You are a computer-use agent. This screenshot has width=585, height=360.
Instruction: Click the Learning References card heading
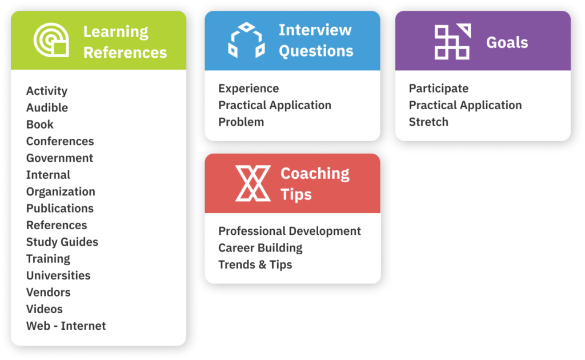(125, 42)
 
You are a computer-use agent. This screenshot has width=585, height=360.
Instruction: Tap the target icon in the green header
(51, 40)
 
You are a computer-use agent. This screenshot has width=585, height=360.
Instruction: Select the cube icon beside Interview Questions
(247, 41)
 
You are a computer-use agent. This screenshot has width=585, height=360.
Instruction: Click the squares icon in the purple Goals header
(452, 41)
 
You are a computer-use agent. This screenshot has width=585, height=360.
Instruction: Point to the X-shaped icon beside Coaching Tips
(253, 183)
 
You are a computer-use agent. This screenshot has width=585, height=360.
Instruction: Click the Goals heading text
(507, 42)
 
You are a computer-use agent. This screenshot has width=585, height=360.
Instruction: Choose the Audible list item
(47, 107)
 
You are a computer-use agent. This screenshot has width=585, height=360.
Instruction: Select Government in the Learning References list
(59, 158)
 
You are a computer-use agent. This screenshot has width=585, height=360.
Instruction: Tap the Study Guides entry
(62, 242)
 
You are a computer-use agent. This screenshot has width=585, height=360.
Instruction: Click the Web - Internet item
(66, 326)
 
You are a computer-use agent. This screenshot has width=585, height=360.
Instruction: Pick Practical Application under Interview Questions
(275, 105)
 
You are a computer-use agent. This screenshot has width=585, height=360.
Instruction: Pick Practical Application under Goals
(465, 105)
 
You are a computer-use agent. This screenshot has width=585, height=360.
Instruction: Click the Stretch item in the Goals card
(428, 122)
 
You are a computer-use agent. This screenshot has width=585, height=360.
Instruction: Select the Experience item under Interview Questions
(249, 89)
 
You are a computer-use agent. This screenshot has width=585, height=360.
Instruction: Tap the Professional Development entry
(290, 231)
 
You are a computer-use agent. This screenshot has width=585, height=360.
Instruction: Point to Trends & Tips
(255, 265)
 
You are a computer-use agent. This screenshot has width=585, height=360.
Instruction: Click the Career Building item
(261, 247)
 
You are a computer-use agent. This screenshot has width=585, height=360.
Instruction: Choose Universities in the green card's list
(58, 275)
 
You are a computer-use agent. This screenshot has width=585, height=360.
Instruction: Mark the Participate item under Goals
(439, 89)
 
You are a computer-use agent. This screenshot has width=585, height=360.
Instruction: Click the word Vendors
(48, 292)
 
